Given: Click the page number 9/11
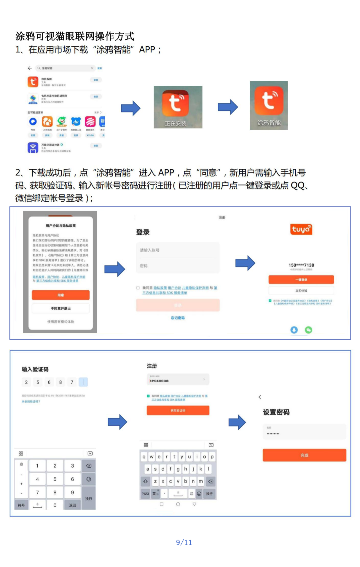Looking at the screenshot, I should click(184, 542).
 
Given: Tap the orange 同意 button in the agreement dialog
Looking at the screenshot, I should click(61, 295).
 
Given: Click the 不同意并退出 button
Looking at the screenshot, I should click(61, 308).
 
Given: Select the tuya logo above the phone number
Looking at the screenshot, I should click(301, 229).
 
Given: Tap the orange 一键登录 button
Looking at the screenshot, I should click(301, 279).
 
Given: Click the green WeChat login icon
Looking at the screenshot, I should click(309, 330).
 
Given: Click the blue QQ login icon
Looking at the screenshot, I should click(294, 330).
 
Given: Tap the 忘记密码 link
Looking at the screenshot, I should click(178, 318).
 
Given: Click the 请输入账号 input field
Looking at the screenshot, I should click(178, 250).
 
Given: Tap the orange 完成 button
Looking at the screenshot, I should click(304, 455).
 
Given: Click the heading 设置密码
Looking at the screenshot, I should click(276, 412).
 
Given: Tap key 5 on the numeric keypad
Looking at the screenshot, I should click(55, 479).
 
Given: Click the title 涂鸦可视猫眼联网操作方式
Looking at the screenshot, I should click(75, 36).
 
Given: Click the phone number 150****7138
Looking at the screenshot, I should click(301, 265).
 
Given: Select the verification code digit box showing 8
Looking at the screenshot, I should click(60, 382).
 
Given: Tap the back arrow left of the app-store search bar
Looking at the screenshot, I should click(30, 68).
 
